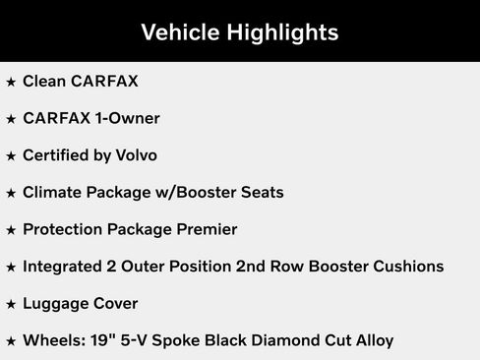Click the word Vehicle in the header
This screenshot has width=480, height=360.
click(x=180, y=32)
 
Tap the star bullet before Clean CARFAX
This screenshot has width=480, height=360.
click(x=11, y=82)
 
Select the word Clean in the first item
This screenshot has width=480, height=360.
click(x=44, y=81)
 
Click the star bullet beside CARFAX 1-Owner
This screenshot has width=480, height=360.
click(x=11, y=119)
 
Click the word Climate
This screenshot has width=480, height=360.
click(x=53, y=193)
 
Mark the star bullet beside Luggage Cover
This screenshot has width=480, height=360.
click(x=11, y=305)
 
